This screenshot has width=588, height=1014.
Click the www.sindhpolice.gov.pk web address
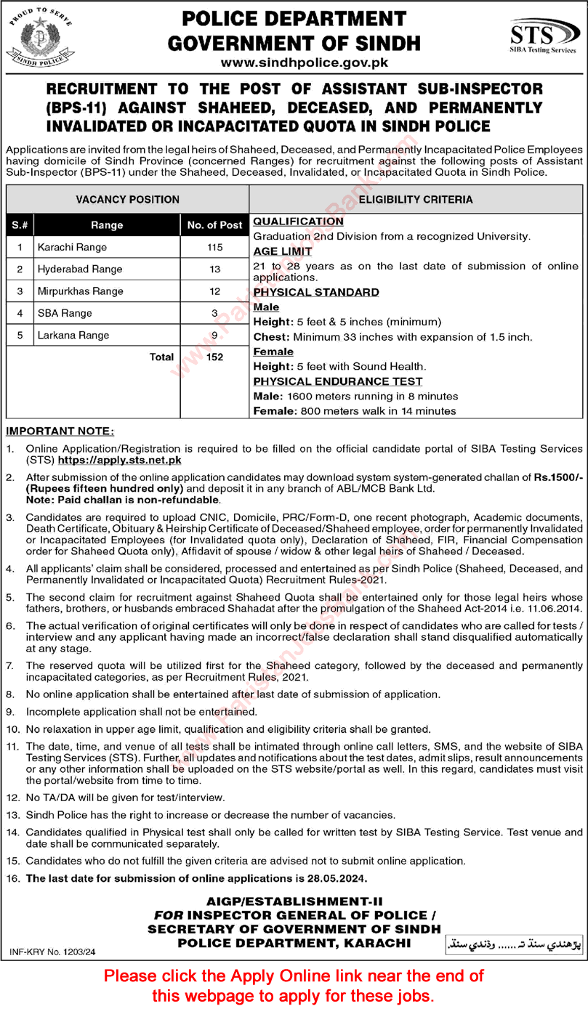[294, 63]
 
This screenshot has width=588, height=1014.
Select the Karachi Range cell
[72, 247]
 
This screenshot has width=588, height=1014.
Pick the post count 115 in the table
[214, 247]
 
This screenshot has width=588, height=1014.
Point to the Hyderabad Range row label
[80, 269]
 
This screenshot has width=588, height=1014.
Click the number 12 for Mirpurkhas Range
[214, 291]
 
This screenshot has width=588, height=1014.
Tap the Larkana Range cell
[73, 335]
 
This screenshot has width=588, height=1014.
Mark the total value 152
[214, 357]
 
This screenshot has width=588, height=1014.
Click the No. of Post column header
[214, 225]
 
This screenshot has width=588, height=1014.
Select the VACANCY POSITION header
[127, 199]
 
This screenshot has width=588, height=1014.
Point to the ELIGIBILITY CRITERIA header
[416, 199]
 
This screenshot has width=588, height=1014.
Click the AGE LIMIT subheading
[283, 251]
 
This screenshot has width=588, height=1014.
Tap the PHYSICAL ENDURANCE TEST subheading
[338, 381]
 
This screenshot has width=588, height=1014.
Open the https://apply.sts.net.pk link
[120, 461]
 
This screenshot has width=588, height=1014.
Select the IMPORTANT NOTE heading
[60, 431]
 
